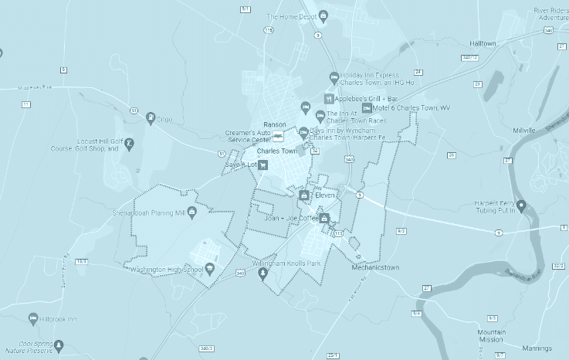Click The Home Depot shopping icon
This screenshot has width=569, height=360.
[323, 15]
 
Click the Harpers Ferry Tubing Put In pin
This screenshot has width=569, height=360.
[521, 206]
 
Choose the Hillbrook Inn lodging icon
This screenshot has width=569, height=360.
[32, 318]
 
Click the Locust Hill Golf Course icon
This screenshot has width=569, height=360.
[129, 143]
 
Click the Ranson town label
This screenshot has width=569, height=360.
[275, 124]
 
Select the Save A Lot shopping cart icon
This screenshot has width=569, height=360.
[263, 165]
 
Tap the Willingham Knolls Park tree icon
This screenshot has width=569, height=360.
[262, 273]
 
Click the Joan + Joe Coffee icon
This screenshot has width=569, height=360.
[324, 219]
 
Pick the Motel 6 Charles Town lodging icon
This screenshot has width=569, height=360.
[366, 108]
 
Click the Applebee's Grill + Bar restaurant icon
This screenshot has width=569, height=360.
[328, 99]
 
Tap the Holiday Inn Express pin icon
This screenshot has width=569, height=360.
[333, 76]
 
